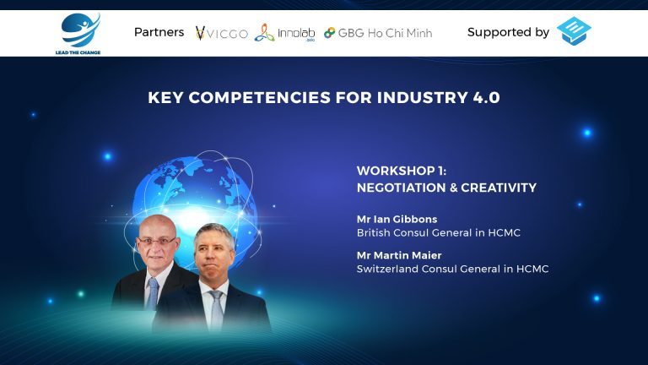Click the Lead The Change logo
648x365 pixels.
click(78, 34)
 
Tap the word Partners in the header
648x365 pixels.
click(159, 32)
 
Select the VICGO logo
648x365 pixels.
click(222, 33)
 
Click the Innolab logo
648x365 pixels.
click(284, 33)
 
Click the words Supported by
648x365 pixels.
click(508, 32)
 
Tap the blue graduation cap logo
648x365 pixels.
click(574, 30)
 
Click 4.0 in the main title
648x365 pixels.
click(486, 98)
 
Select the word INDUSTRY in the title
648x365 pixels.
click(423, 98)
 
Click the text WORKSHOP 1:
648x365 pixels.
click(402, 171)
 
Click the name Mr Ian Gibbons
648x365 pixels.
click(397, 220)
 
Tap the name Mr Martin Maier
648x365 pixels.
click(399, 255)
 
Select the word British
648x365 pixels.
click(373, 233)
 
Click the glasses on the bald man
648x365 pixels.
click(157, 241)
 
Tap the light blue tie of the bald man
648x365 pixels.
click(153, 293)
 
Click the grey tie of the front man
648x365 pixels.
click(217, 308)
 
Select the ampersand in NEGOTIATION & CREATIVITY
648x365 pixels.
click(453, 188)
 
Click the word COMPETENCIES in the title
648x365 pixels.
click(260, 98)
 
